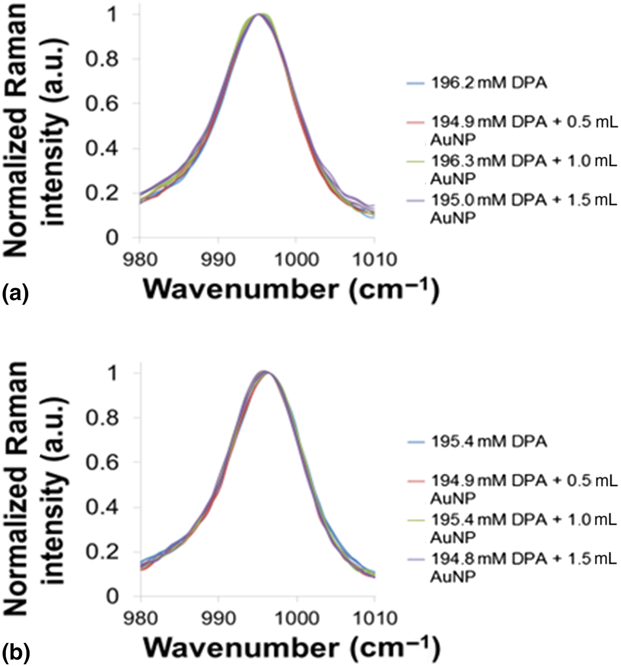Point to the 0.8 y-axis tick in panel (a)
tap(102, 59)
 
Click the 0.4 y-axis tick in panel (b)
tap(102, 507)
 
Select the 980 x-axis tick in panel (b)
tap(141, 618)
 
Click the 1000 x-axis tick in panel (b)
tap(296, 618)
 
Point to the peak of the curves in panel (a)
tap(259, 14)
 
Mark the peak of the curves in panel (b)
tap(265, 372)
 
